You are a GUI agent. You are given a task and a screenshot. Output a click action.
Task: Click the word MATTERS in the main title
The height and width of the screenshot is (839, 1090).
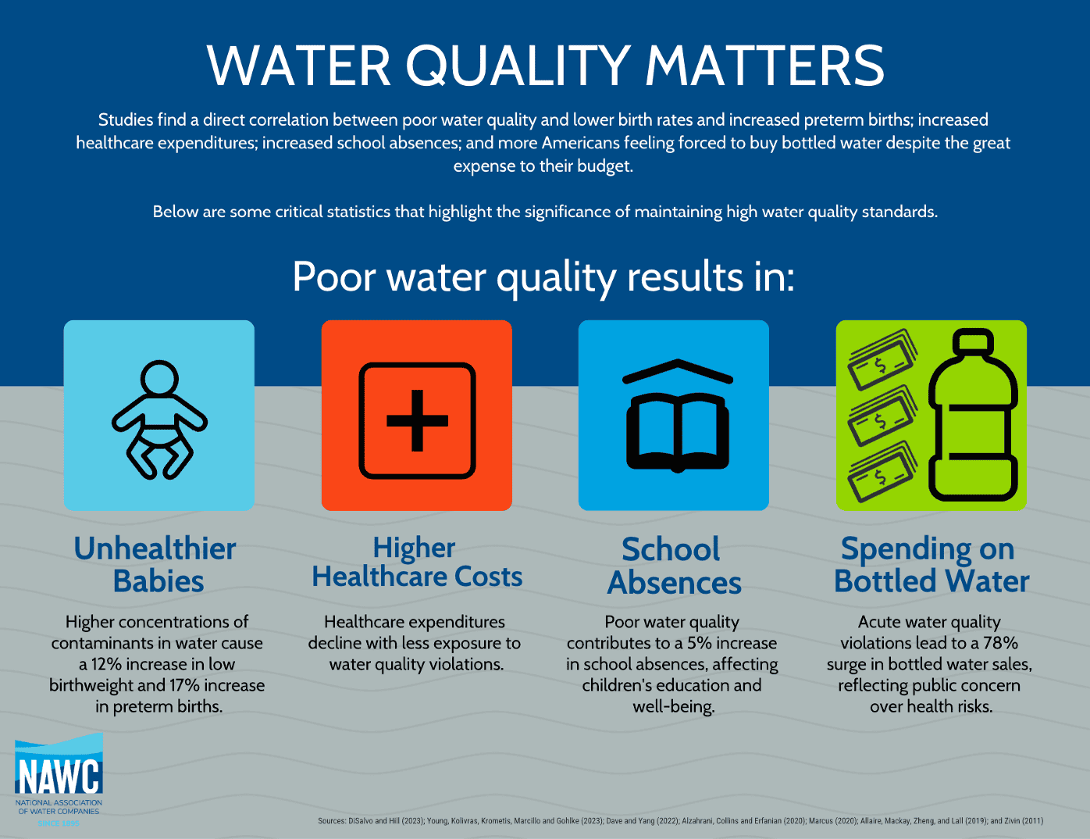click(764, 66)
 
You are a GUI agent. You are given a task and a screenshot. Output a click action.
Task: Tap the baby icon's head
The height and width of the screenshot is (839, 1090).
click(159, 378)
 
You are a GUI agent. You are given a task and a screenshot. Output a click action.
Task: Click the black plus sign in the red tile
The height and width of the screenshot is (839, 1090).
click(417, 420)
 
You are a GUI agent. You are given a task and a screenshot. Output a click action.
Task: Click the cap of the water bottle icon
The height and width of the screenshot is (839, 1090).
click(973, 341)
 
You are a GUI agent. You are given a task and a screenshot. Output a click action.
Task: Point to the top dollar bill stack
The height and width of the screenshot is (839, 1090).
click(882, 359)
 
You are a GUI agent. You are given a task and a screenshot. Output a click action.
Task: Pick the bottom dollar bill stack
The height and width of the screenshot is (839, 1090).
click(882, 471)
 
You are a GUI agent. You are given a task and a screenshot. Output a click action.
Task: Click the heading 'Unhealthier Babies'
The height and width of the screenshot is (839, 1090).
click(155, 564)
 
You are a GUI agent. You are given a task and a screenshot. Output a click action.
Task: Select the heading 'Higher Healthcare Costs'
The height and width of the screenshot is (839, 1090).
click(417, 562)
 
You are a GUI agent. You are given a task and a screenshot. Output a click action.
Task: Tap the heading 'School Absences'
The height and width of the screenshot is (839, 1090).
click(674, 566)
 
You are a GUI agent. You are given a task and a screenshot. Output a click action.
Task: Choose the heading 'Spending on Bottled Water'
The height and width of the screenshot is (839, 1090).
click(931, 564)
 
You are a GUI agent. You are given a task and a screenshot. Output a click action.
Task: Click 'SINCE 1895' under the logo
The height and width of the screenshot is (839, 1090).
click(59, 823)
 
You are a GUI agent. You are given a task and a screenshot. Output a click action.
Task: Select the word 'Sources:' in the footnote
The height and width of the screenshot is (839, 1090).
click(332, 821)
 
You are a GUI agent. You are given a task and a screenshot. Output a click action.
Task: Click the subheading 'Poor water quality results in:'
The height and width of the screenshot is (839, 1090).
click(543, 277)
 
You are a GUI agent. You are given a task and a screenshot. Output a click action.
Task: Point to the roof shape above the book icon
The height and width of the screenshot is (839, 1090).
click(678, 369)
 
